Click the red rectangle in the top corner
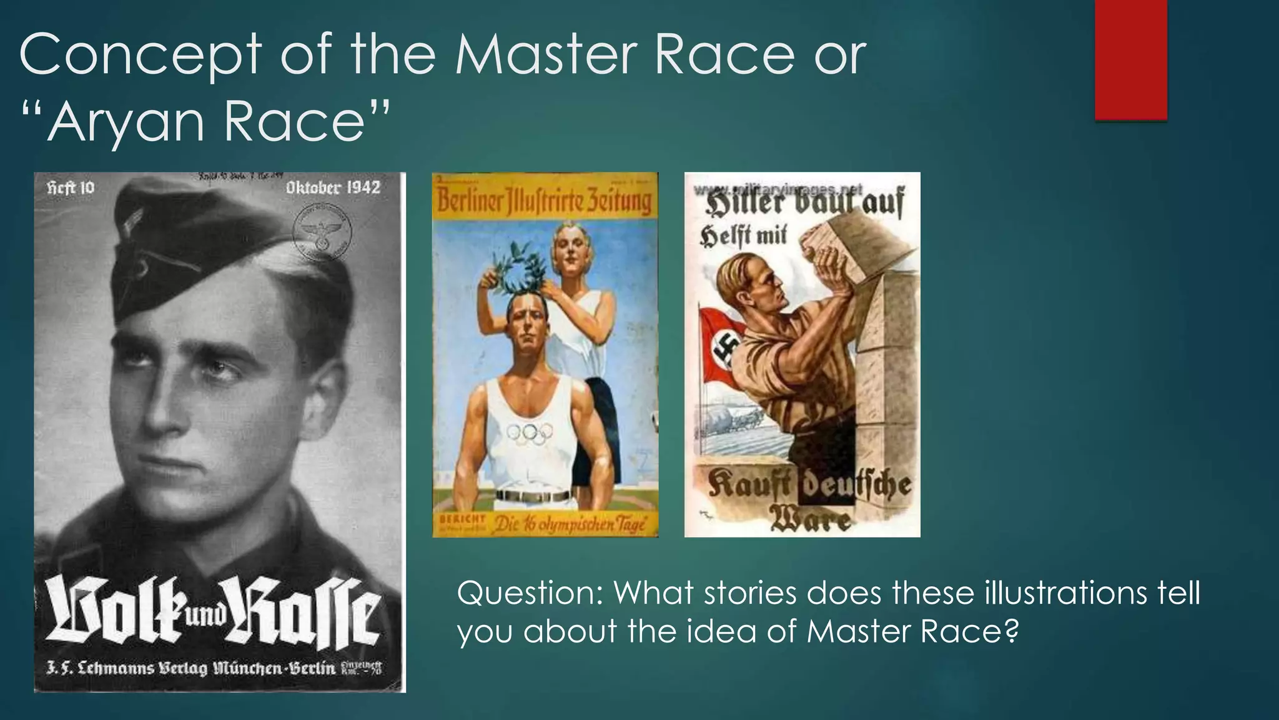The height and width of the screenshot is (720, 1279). pyautogui.click(x=1130, y=59)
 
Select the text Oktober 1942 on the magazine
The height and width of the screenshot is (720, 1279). pyautogui.click(x=333, y=187)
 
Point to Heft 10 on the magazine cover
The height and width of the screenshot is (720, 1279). pyautogui.click(x=71, y=188)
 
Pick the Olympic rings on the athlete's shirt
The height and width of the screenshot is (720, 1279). pyautogui.click(x=530, y=432)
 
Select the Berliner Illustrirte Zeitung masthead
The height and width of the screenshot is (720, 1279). pyautogui.click(x=544, y=202)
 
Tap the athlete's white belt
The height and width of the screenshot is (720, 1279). pyautogui.click(x=532, y=496)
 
